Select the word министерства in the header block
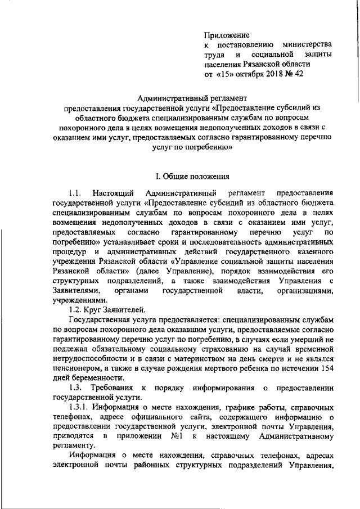tap(307, 44)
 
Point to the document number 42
tap(299, 74)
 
